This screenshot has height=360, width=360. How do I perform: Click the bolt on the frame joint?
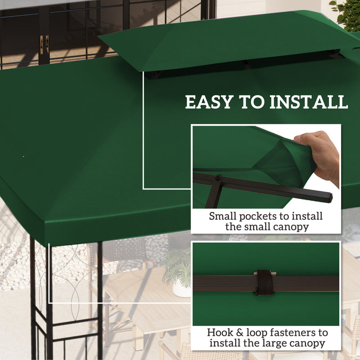(x=218, y=178)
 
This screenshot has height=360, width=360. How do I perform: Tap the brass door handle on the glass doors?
(x=44, y=45)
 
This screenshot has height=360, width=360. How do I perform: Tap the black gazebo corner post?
(x=34, y=306)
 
